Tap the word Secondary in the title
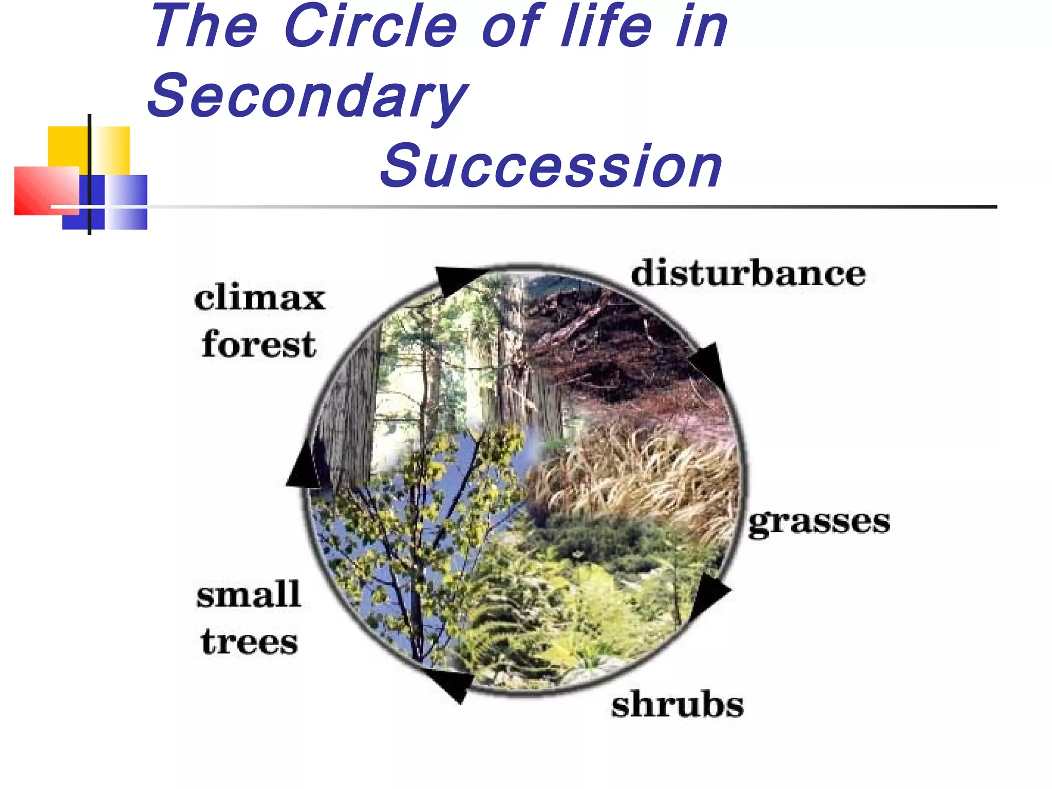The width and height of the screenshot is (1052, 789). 307,96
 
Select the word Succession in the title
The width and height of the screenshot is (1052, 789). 551,165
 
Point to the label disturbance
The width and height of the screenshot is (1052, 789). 748,273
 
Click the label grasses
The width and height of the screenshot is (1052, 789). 819,523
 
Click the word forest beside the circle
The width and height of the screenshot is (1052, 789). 259,344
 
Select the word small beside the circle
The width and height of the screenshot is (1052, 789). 249,595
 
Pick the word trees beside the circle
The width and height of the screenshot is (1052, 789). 250,642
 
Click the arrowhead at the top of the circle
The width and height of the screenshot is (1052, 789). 455,280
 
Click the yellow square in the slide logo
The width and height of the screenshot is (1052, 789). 67,146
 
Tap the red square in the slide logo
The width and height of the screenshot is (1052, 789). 44,190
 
